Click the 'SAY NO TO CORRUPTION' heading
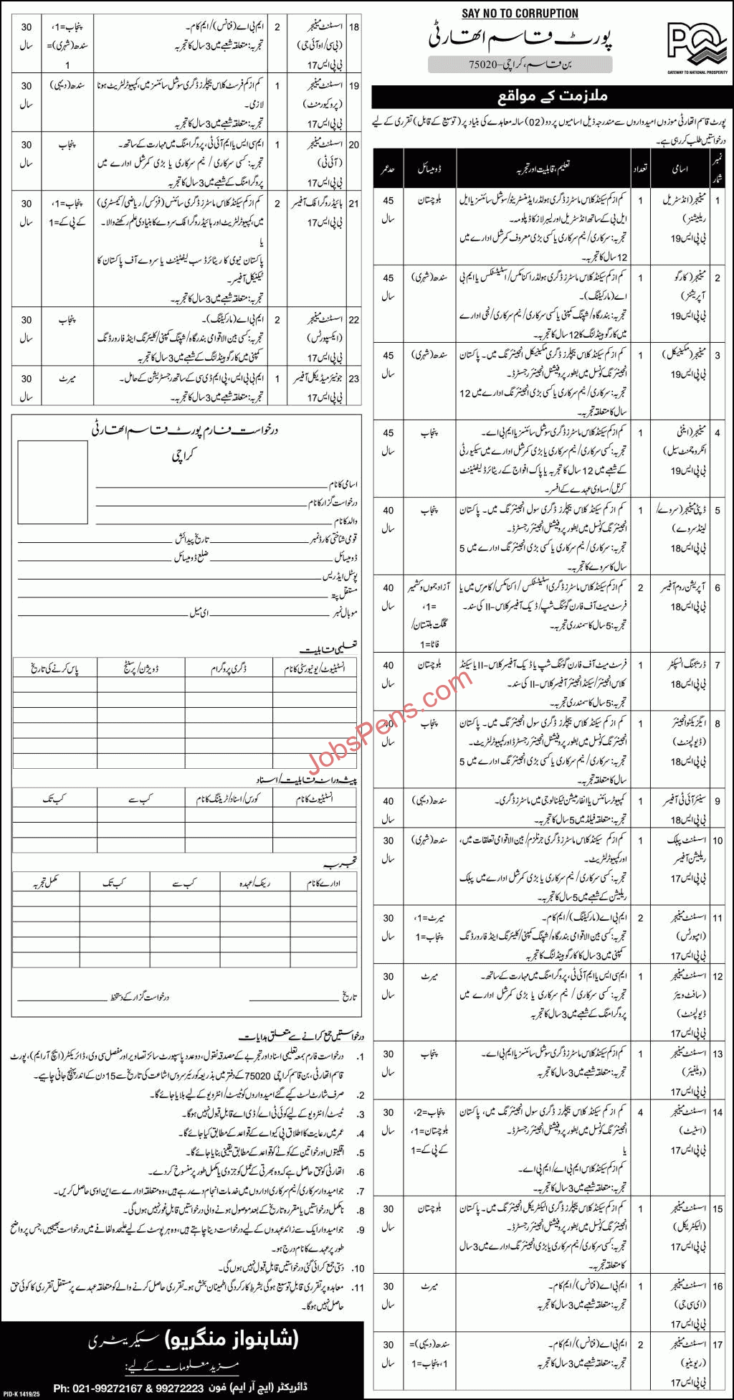click(x=520, y=14)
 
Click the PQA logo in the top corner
click(x=696, y=47)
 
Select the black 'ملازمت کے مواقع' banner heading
click(x=552, y=96)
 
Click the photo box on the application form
click(x=52, y=476)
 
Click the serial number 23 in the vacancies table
click(x=354, y=379)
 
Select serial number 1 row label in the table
click(x=718, y=202)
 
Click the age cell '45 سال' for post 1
click(x=388, y=210)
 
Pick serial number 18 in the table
click(x=354, y=27)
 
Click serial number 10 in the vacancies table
click(x=718, y=841)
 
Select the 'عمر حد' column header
click(x=388, y=169)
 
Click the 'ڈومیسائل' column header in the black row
click(x=429, y=169)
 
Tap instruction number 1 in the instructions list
click(x=361, y=1056)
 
